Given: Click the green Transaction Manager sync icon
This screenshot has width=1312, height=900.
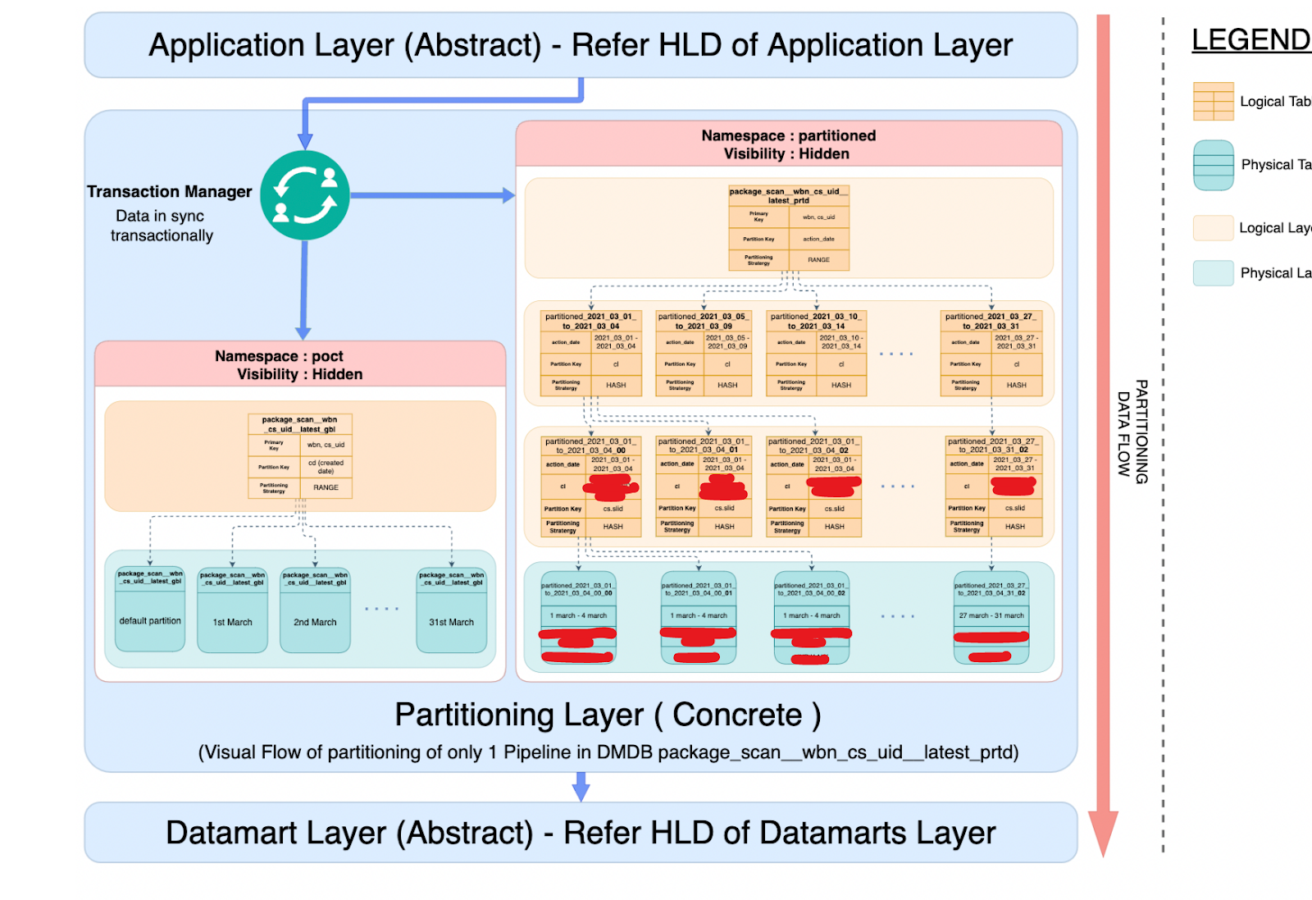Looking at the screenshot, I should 305,195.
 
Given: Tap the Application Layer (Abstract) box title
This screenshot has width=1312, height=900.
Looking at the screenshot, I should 581,45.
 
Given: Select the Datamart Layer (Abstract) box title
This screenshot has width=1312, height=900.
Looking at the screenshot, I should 581,833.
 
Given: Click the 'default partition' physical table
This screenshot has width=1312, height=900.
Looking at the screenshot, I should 150,621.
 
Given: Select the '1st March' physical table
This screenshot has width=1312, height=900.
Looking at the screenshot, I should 233,622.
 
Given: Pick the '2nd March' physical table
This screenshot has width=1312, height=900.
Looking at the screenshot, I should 315,622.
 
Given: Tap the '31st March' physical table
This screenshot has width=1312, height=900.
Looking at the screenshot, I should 451,622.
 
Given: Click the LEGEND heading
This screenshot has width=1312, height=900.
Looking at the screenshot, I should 1250,39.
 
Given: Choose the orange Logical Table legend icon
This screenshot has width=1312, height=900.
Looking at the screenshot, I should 1213,102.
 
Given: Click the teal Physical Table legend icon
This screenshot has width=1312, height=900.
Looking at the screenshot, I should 1213,165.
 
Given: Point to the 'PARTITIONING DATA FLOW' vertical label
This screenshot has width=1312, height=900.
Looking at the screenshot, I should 1132,432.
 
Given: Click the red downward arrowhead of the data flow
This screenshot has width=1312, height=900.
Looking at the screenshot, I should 1103,833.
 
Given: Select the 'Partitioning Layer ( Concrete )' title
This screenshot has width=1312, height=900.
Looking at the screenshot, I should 608,715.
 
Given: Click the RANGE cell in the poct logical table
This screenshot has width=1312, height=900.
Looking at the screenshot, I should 326,487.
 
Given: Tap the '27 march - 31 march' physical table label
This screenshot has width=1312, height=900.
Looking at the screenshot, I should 991,615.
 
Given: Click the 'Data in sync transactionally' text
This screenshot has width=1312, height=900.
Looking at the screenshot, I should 162,226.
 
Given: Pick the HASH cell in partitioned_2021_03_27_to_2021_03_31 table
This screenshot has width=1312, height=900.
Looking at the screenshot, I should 1016,385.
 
